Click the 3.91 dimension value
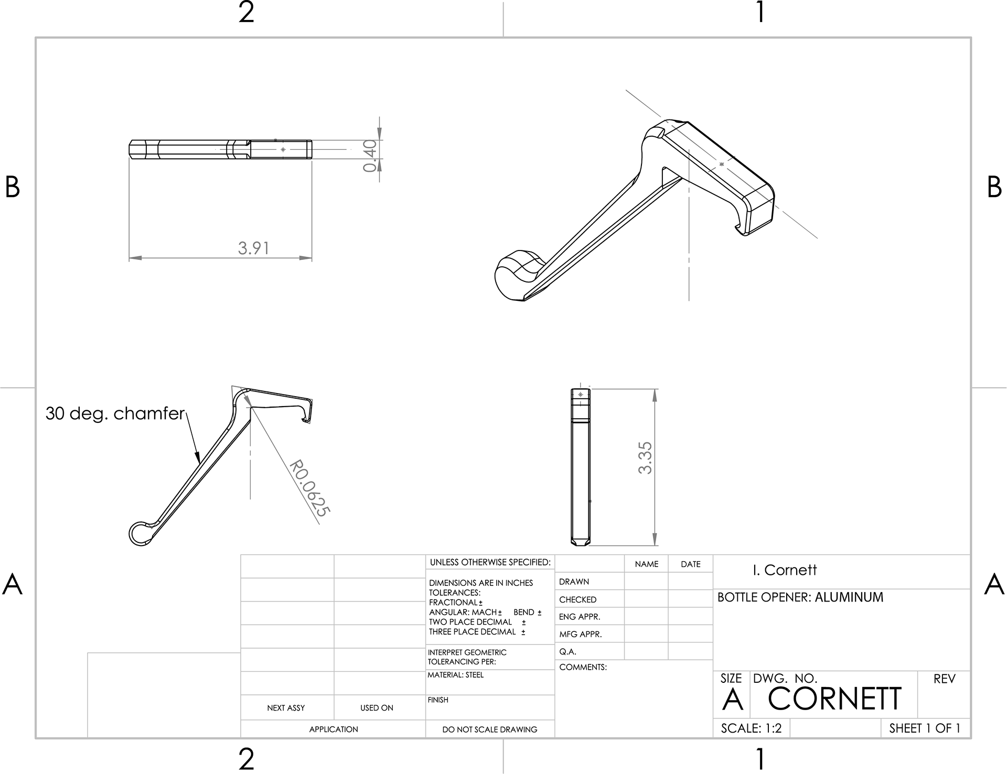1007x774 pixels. click(253, 248)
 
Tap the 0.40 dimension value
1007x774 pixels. click(370, 156)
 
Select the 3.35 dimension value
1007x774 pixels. click(646, 458)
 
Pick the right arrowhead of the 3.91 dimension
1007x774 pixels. click(306, 258)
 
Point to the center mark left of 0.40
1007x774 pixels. click(283, 149)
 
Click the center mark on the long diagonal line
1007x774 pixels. click(722, 165)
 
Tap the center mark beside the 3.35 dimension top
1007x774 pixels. click(581, 394)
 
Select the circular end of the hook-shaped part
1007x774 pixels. click(140, 533)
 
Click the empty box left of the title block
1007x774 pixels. click(164, 694)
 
